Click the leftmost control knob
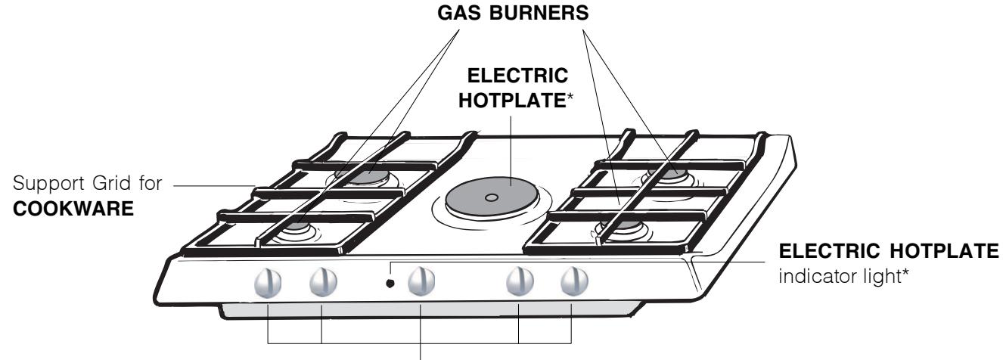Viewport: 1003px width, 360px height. point(269,283)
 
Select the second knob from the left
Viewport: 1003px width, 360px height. point(322,283)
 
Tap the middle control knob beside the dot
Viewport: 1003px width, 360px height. point(421,282)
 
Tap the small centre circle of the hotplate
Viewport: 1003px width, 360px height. point(492,198)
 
